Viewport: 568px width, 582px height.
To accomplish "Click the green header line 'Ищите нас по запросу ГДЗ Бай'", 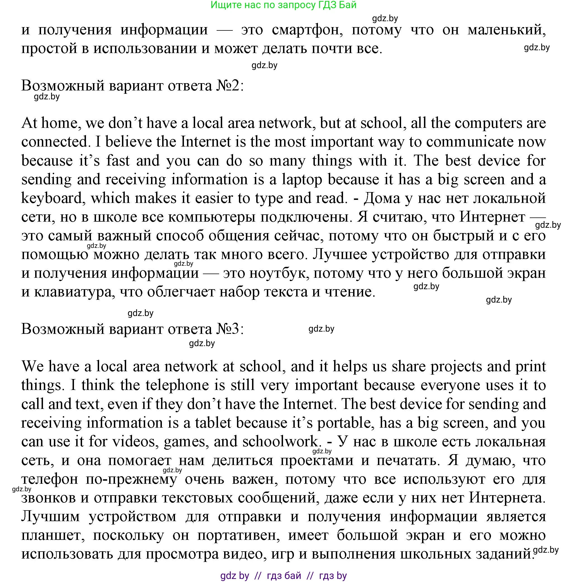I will [x=283, y=5].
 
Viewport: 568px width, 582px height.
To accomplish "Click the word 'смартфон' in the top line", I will [x=307, y=30].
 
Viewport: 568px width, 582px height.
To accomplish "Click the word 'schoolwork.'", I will [x=281, y=442].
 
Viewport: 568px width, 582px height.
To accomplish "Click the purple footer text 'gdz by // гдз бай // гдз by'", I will [x=283, y=575].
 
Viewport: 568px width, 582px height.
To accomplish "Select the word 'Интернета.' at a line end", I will [x=507, y=498].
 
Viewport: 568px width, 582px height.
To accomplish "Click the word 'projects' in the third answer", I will [x=456, y=367].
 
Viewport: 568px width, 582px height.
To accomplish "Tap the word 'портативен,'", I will [x=239, y=536].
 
